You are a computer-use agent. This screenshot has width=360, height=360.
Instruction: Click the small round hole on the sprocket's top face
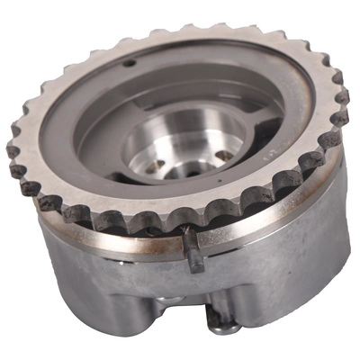(131, 63)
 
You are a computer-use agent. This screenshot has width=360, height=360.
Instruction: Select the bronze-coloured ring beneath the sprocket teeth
(108, 225)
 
